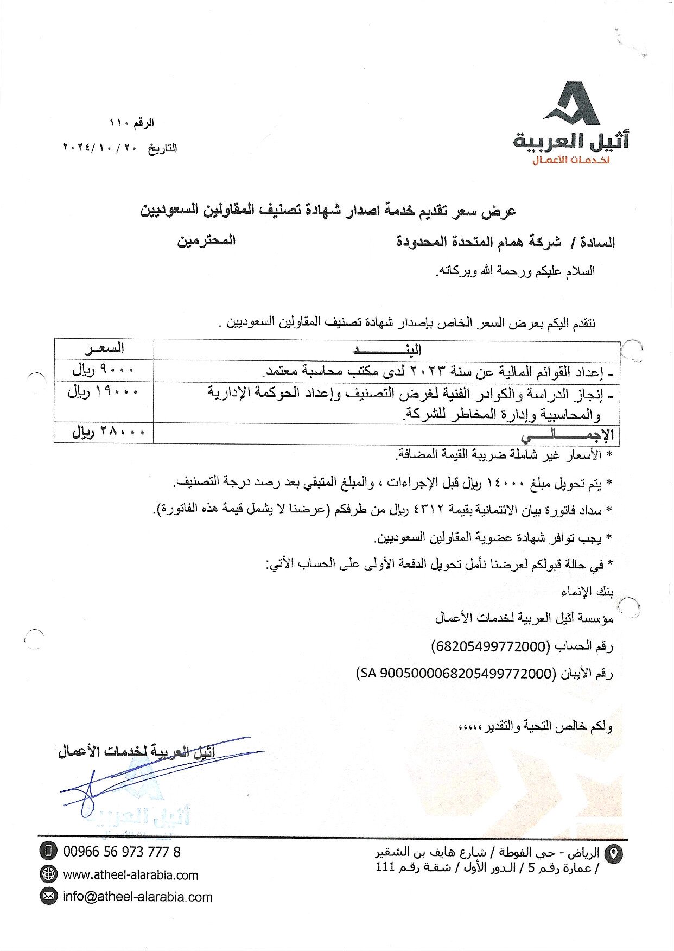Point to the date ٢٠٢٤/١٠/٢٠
103,148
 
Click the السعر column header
104,348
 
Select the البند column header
386,350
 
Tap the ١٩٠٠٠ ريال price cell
103,392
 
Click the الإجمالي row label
567,434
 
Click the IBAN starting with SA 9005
456,674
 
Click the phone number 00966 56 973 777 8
122,852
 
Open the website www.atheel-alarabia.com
131,874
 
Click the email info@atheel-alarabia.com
137,896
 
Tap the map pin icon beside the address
614,854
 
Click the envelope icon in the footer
48,896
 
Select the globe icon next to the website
48,874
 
